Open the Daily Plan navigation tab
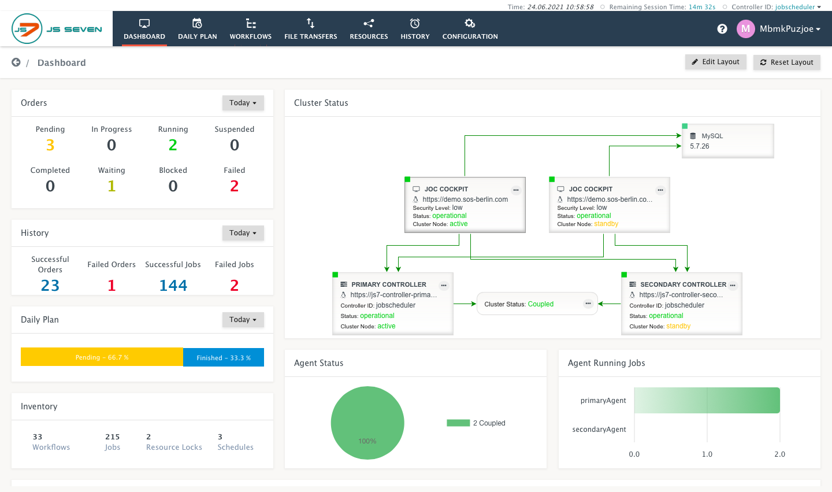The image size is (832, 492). point(197,29)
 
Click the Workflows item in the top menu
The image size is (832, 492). point(250,29)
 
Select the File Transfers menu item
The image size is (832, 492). point(310,29)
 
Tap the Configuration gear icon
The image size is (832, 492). point(470,24)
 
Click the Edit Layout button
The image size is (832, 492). point(715,62)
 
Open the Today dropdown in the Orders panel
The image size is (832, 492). point(243,103)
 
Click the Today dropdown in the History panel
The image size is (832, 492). point(243,233)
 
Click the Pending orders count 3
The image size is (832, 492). point(50,145)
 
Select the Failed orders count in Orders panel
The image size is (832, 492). point(234,186)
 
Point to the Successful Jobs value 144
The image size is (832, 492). point(173,286)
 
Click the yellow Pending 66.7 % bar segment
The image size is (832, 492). point(102,357)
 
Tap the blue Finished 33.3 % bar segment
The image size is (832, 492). point(224,357)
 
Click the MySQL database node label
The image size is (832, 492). point(712,136)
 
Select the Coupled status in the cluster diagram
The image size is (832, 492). point(540,304)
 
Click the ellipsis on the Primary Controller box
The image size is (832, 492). point(444,285)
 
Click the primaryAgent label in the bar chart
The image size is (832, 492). point(603,401)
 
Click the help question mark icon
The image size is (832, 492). point(722,29)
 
